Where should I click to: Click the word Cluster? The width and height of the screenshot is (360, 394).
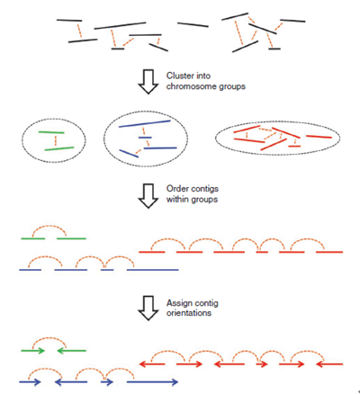177,76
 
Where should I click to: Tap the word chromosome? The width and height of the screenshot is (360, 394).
192,86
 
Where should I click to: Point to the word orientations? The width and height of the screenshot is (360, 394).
189,313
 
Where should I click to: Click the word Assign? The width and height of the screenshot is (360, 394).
178,303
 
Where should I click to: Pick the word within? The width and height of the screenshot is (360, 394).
176,200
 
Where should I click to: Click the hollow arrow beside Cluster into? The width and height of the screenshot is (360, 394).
148,82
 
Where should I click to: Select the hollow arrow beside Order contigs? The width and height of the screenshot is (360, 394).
148,196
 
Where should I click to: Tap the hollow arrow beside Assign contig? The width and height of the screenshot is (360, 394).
148,309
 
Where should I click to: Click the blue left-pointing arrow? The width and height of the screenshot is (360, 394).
71,382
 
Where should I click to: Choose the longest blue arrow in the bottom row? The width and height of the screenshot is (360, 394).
152,382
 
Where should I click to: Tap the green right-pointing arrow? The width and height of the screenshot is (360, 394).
32,351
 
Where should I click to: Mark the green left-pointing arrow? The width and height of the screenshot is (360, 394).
71,351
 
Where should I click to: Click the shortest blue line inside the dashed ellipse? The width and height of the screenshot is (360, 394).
145,138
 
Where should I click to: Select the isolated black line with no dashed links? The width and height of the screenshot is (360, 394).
193,24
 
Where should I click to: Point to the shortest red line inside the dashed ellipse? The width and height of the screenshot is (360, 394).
294,147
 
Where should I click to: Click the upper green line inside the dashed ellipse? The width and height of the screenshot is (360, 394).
51,132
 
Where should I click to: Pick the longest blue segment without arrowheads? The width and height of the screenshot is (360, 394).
153,270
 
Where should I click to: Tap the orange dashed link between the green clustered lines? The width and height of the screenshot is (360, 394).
56,140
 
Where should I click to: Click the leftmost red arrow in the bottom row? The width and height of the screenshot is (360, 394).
152,364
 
